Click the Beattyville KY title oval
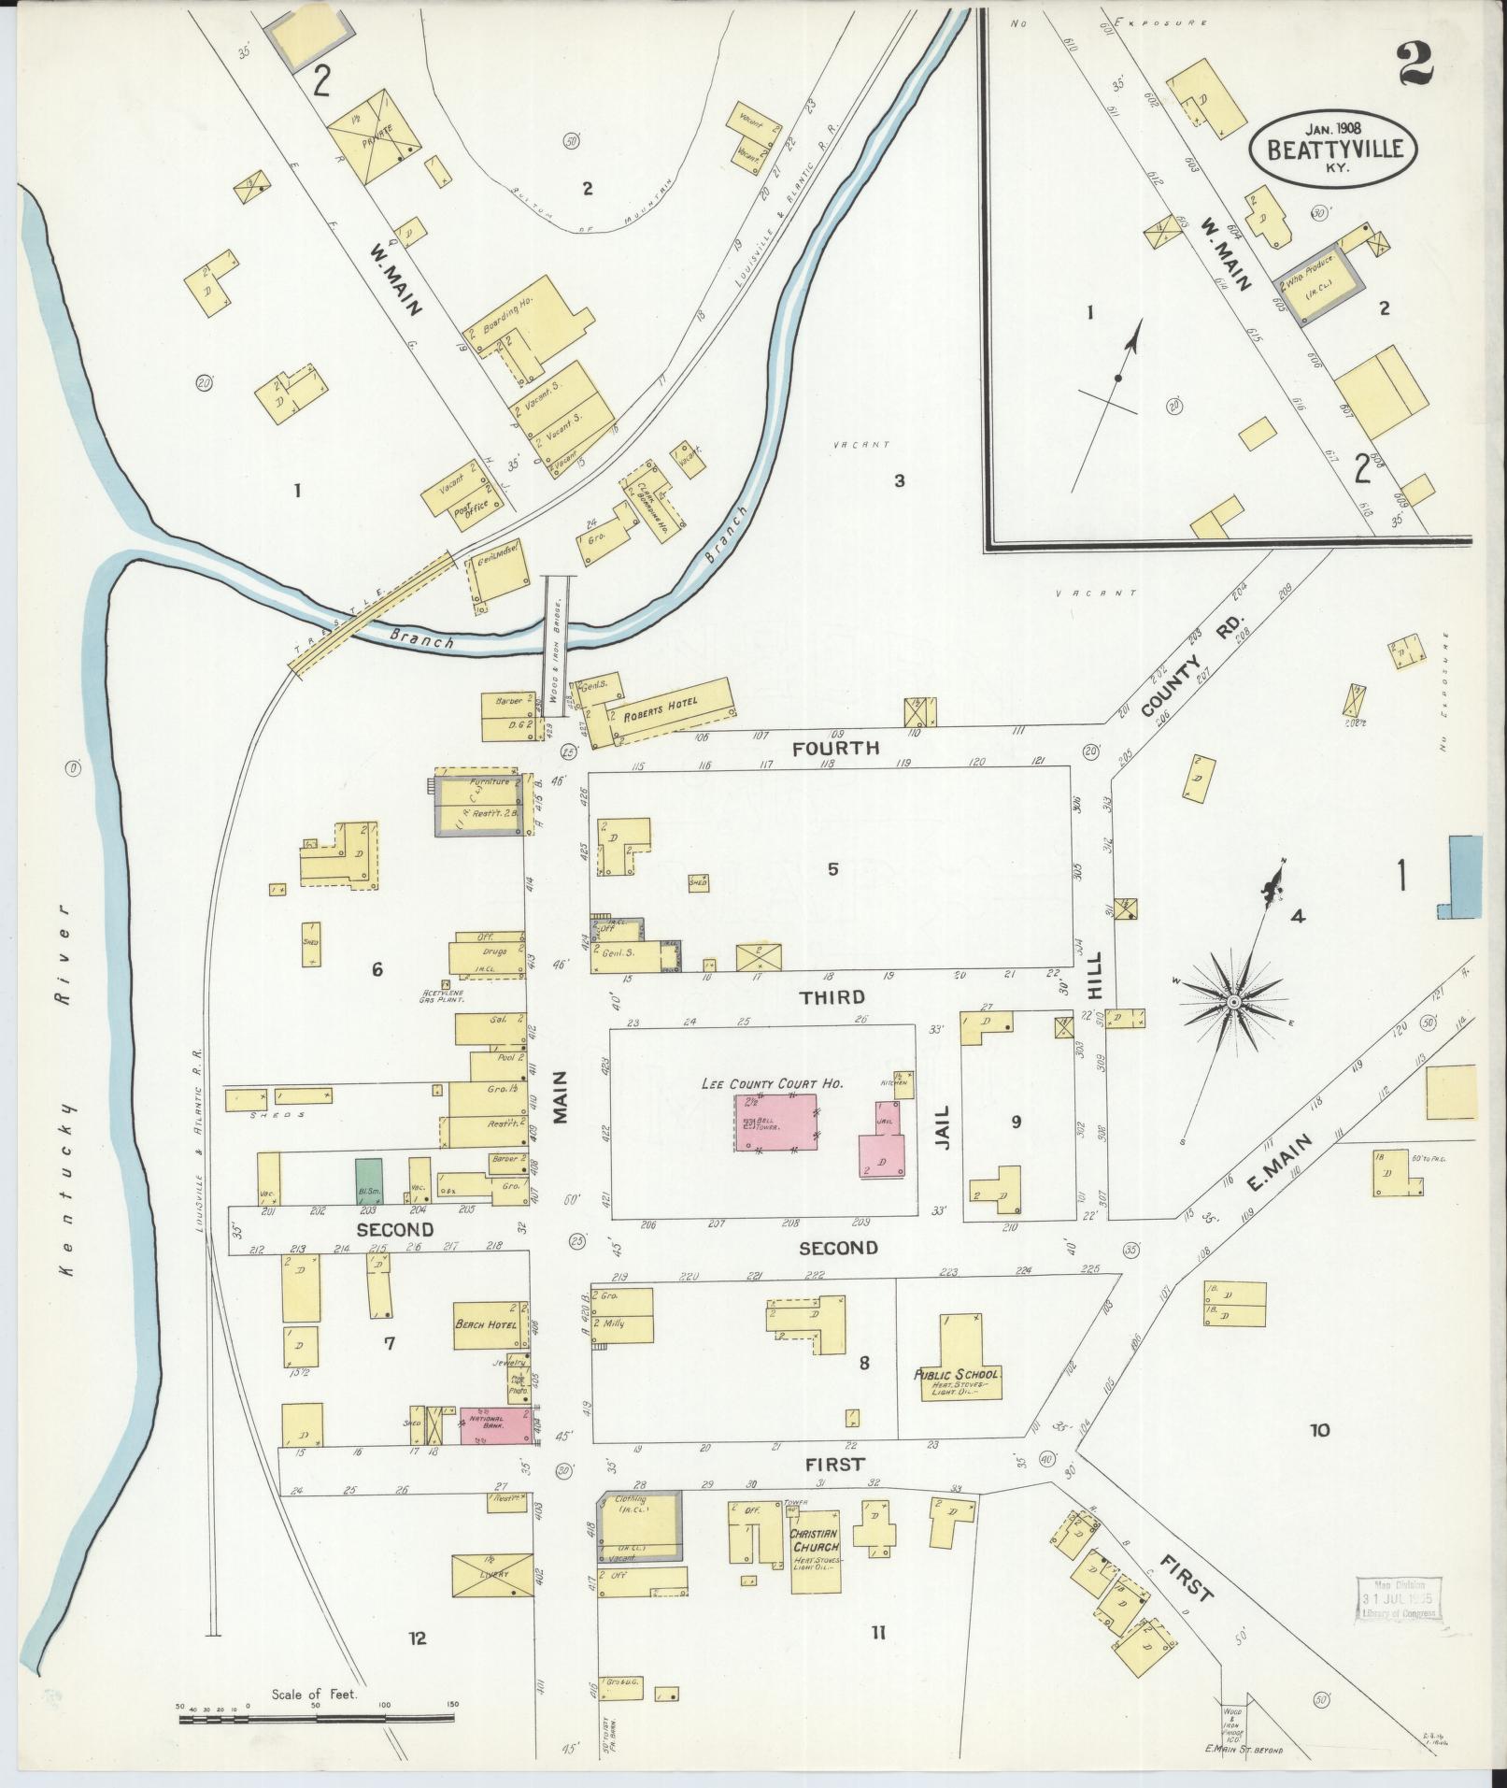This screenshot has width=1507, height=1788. tap(1335, 148)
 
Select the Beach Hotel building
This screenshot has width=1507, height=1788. tap(487, 1324)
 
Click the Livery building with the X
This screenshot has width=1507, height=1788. tap(492, 1575)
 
